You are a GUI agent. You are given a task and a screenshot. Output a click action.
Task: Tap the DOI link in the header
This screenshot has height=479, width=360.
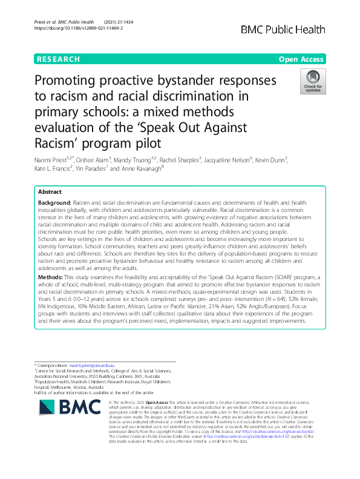[70, 28]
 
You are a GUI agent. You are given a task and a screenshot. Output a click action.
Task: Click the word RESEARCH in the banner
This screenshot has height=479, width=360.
[58, 59]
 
